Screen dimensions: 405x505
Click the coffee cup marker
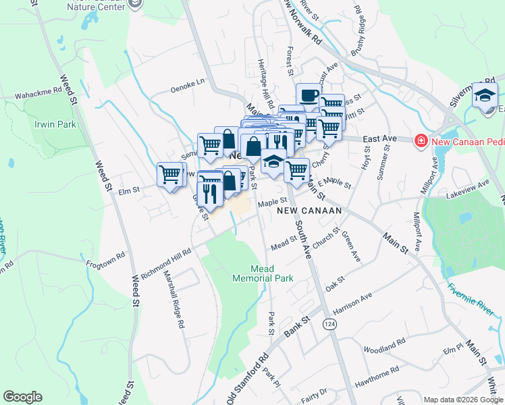pyautogui.click(x=309, y=96)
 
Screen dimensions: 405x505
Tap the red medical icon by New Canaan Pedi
pyautogui.click(x=421, y=140)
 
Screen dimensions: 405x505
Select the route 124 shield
pyautogui.click(x=329, y=325)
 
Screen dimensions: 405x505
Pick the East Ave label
pyautogui.click(x=379, y=139)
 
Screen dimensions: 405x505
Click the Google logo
pyautogui.click(x=23, y=397)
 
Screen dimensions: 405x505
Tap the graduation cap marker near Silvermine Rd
pyautogui.click(x=485, y=95)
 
